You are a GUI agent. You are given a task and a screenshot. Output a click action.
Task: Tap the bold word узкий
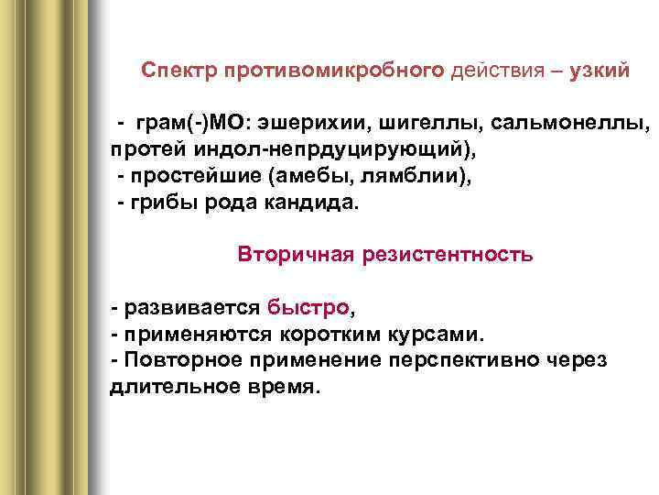599,71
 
